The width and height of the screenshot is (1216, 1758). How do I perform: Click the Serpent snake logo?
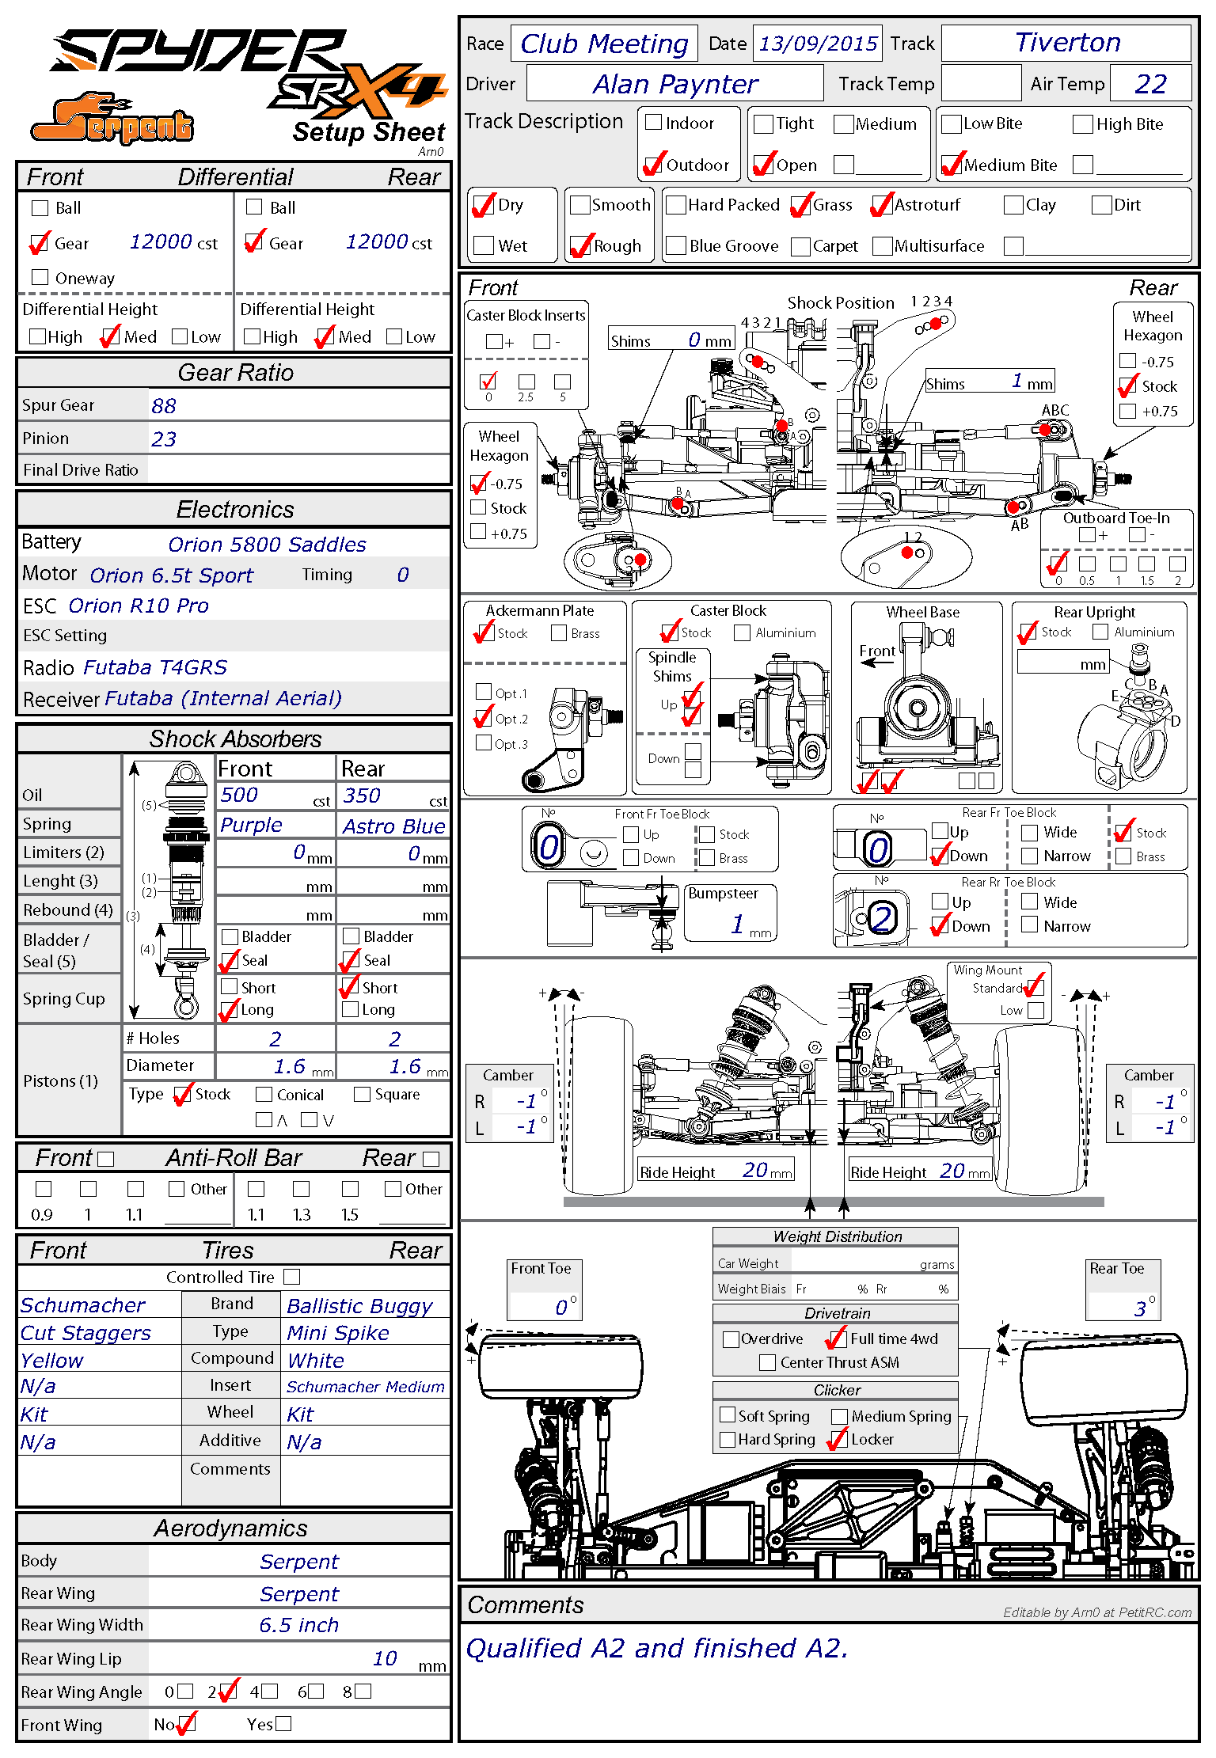click(112, 120)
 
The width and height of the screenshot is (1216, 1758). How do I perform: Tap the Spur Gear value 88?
click(164, 406)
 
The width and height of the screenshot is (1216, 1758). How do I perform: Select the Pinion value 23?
click(164, 439)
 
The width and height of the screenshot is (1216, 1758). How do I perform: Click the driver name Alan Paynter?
click(675, 84)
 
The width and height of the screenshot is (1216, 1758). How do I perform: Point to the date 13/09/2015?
click(818, 44)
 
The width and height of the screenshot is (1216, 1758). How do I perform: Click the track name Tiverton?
click(1067, 43)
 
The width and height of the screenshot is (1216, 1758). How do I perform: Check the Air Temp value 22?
click(1150, 84)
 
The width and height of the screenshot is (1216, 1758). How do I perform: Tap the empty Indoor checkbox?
click(654, 123)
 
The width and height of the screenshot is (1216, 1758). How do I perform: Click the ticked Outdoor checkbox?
click(654, 165)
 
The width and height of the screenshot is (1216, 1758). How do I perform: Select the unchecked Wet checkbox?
click(484, 245)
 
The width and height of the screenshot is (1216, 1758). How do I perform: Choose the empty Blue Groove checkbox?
click(676, 245)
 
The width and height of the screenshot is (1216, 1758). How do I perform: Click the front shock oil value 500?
click(239, 795)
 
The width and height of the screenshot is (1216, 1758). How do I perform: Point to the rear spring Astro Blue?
click(393, 826)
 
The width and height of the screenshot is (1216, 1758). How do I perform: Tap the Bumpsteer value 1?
click(738, 924)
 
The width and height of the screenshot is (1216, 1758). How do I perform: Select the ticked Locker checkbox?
click(838, 1439)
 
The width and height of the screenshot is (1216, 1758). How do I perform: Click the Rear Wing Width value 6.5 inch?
click(298, 1625)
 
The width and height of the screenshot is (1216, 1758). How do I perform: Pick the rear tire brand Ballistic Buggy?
click(359, 1306)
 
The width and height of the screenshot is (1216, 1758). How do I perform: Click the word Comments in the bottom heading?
click(526, 1604)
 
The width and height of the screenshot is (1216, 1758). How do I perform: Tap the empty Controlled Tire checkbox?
click(292, 1277)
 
